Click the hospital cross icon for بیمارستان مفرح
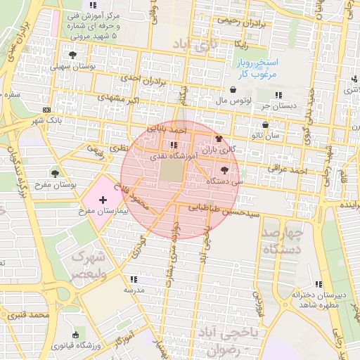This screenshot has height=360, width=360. click(x=104, y=200)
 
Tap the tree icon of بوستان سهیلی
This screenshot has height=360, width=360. click(x=72, y=55)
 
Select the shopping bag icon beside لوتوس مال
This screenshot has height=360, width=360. click(x=233, y=89)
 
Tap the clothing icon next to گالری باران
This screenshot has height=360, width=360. click(x=219, y=139)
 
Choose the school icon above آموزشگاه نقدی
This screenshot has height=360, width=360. click(x=173, y=145)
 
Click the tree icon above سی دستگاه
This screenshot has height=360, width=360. click(x=224, y=170)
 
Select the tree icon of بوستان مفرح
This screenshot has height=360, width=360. click(x=55, y=173)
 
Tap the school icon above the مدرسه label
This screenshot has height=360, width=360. click(x=134, y=279)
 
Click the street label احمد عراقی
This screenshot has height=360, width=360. click(x=288, y=169)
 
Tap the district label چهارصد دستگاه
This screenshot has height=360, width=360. click(x=281, y=240)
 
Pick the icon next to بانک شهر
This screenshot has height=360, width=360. click(x=46, y=110)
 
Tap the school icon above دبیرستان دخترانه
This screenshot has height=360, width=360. click(x=319, y=284)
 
